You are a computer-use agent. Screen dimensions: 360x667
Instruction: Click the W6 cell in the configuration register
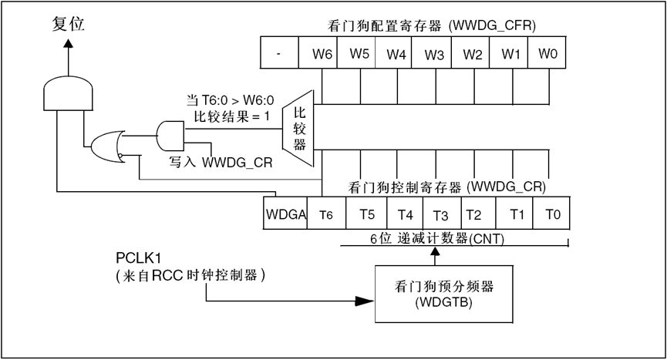pos(322,55)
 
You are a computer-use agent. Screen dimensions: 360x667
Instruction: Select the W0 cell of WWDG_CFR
pos(547,55)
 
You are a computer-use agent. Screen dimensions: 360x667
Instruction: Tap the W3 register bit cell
pos(434,55)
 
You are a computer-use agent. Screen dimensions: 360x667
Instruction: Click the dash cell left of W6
pos(278,55)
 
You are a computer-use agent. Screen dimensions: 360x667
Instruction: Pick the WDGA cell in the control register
pos(285,214)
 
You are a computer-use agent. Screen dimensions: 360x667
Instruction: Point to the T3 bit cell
pos(440,214)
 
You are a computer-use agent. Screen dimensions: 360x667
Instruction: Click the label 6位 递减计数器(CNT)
pos(436,238)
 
